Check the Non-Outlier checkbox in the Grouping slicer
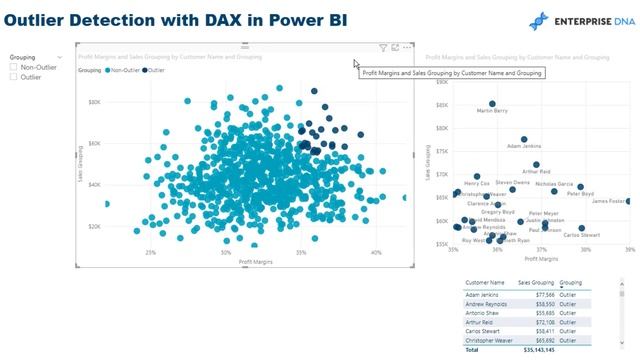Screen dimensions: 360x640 click(13, 67)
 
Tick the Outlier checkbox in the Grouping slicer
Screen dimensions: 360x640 click(13, 77)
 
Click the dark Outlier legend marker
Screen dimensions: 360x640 click(146, 71)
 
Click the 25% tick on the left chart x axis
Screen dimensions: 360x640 click(150, 253)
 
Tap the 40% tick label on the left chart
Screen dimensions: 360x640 click(376, 253)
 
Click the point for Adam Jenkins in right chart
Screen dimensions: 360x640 click(523, 139)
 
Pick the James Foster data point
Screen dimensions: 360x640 click(628, 201)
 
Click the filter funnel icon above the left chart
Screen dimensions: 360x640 click(383, 48)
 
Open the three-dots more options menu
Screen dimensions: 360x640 click(408, 48)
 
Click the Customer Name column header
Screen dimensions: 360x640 click(485, 283)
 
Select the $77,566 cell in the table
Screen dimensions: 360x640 click(538, 295)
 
